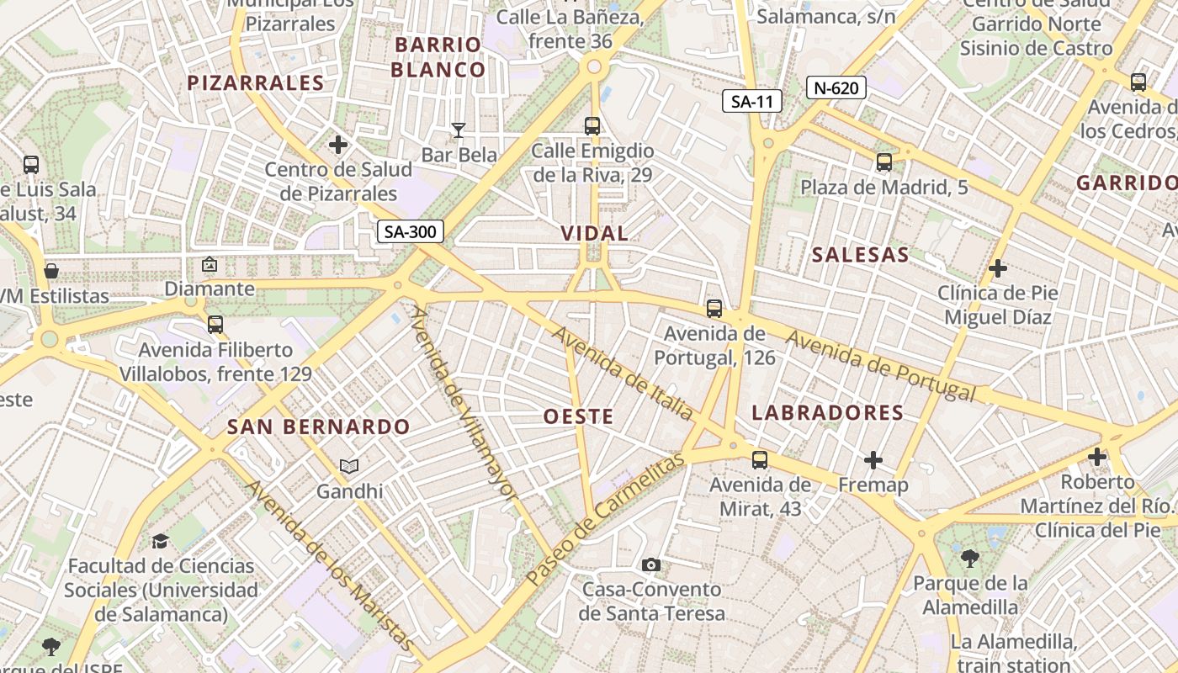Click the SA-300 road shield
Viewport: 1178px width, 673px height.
coord(410,231)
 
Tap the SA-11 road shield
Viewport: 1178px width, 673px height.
coord(752,102)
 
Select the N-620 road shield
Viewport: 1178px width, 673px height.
coord(836,87)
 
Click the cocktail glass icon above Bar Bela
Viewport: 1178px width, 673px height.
coord(459,130)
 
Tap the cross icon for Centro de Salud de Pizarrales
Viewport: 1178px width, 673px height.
coord(338,145)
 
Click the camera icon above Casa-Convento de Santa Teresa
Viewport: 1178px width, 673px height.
coord(651,564)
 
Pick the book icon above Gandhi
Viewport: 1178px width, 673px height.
coord(349,466)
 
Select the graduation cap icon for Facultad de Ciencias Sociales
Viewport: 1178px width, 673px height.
coord(160,541)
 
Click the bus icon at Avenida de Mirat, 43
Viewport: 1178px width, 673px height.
coord(760,459)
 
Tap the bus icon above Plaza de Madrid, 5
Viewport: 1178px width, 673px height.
coord(883,162)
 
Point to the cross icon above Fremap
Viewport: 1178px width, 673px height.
coord(873,460)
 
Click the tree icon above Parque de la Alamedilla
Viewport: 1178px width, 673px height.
coord(970,557)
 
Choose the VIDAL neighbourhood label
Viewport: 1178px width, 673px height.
coord(595,233)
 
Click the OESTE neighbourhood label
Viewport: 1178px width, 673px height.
coord(578,416)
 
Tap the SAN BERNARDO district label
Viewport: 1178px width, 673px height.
coord(318,427)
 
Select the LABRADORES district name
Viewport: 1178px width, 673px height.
coord(827,413)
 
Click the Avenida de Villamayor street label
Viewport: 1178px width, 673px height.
coord(462,403)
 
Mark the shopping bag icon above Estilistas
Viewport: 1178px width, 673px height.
coord(51,271)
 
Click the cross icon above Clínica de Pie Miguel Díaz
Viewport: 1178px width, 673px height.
coord(998,269)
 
